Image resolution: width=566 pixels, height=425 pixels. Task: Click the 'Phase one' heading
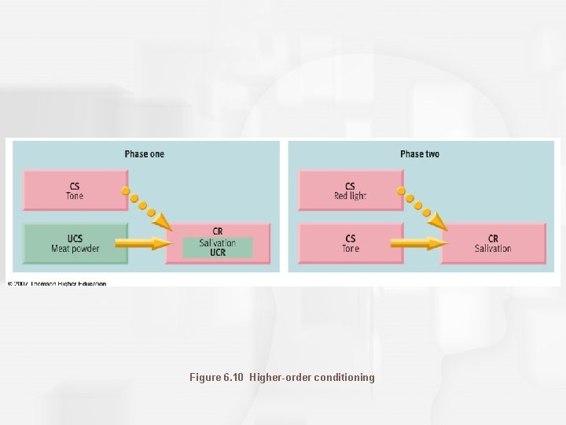(144, 154)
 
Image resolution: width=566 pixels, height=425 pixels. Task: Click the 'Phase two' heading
(419, 154)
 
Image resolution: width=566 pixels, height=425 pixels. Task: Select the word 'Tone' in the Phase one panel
(75, 196)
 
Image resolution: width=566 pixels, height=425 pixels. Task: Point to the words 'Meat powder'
(75, 249)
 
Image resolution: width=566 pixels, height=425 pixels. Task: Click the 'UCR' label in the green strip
(218, 253)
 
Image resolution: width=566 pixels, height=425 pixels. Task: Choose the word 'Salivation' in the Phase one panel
(218, 243)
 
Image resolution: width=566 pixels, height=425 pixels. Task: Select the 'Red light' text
(351, 196)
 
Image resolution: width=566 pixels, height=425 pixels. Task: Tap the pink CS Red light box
(351, 191)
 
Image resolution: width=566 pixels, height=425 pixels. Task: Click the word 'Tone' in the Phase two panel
(351, 249)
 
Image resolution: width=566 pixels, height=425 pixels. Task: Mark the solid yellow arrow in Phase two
(418, 244)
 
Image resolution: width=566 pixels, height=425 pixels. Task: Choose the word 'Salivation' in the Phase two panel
(493, 249)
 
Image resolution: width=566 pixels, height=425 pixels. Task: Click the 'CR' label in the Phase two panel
(493, 238)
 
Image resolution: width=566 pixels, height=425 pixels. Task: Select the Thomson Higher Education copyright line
(57, 283)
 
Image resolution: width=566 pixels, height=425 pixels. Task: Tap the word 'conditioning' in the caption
(344, 378)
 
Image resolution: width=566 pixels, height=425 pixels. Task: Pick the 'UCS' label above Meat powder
(75, 239)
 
